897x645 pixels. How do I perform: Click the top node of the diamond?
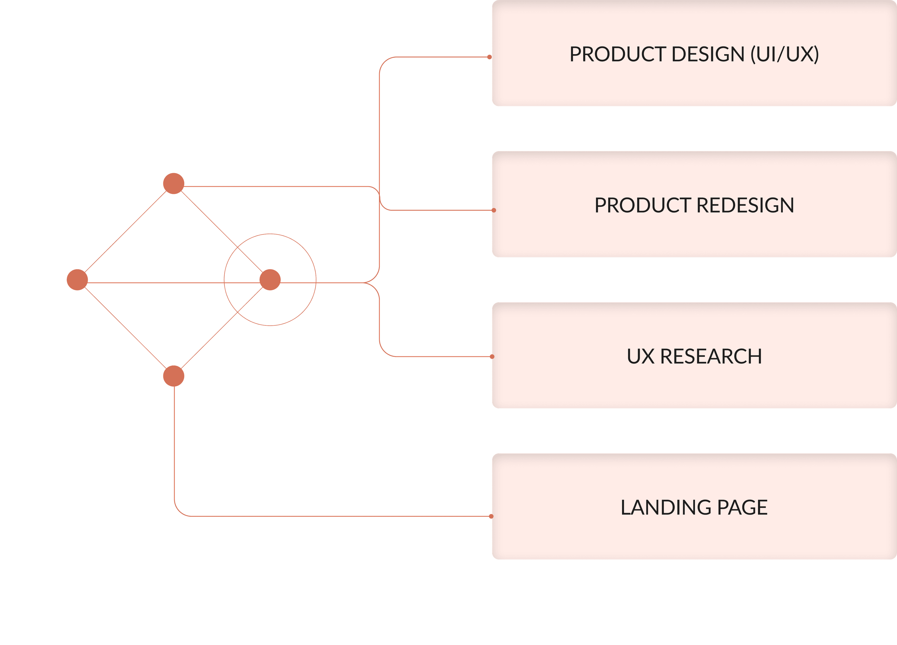(174, 183)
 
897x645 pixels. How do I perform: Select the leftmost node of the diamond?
(77, 280)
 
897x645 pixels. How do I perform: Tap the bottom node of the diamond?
(174, 376)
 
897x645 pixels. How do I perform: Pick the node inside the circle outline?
(270, 280)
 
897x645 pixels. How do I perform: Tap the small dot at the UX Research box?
(492, 357)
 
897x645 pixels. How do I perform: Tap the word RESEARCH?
(711, 356)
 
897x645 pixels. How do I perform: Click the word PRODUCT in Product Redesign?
(643, 205)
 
